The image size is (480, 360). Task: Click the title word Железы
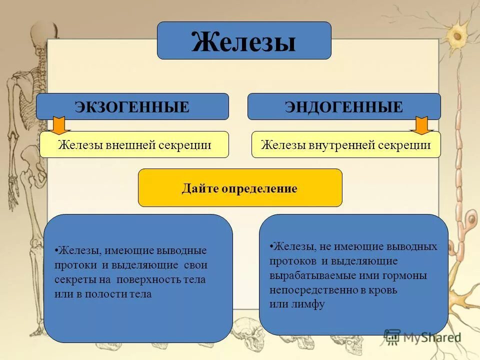[x=243, y=41]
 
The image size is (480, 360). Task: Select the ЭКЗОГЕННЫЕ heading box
[x=132, y=106]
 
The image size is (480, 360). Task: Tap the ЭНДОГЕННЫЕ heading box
[x=344, y=106]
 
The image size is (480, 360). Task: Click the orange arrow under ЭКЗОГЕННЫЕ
[x=59, y=125]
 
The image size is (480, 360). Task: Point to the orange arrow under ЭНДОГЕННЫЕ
[x=421, y=125]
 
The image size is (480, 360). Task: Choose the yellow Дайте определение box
[x=240, y=188]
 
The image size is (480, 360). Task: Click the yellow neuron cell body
[x=456, y=36]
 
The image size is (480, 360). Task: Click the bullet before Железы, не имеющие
[x=270, y=246]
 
